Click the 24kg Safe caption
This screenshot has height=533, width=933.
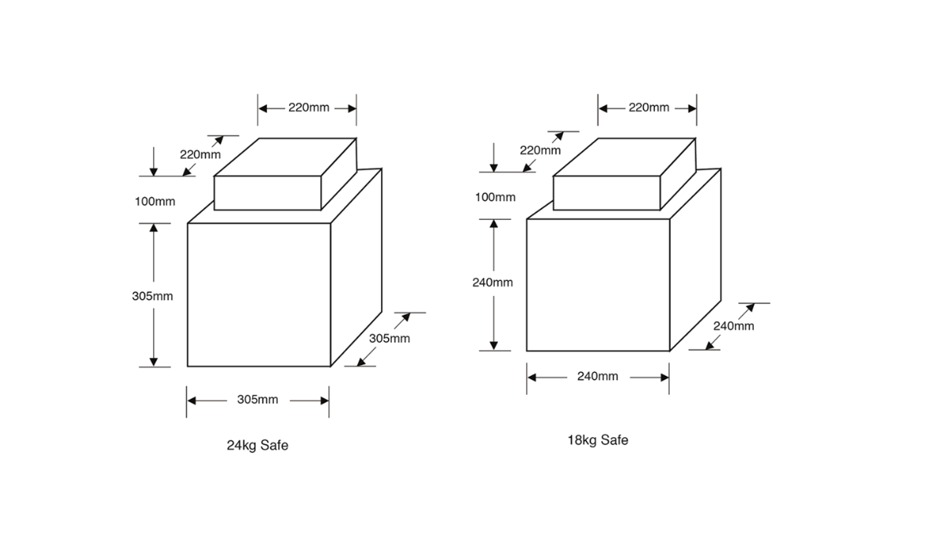point(258,446)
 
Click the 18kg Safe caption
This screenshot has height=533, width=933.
point(598,440)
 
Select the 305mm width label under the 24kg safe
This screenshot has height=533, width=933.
point(258,400)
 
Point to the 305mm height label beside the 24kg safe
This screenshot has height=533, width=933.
point(152,296)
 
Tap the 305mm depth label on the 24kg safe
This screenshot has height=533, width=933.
point(390,338)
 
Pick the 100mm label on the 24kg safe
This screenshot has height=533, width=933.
point(155,202)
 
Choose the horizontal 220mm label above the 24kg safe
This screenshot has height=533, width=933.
point(309,108)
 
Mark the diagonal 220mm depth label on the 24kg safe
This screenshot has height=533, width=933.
point(200,155)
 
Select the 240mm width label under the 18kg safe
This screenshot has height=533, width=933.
point(598,377)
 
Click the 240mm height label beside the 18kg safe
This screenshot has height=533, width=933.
point(492,283)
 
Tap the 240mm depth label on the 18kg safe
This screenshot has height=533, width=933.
point(734,326)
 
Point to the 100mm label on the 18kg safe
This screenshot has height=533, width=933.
point(495,198)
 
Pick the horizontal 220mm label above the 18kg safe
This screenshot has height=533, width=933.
point(649,108)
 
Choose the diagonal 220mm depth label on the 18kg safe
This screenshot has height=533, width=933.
point(540,151)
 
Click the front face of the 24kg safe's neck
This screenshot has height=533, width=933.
point(268,193)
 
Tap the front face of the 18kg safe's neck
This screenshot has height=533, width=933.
point(607,193)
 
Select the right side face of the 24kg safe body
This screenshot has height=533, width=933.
point(357,268)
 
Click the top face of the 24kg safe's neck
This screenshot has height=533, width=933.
point(286,157)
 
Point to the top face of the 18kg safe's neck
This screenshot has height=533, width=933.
point(624,157)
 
